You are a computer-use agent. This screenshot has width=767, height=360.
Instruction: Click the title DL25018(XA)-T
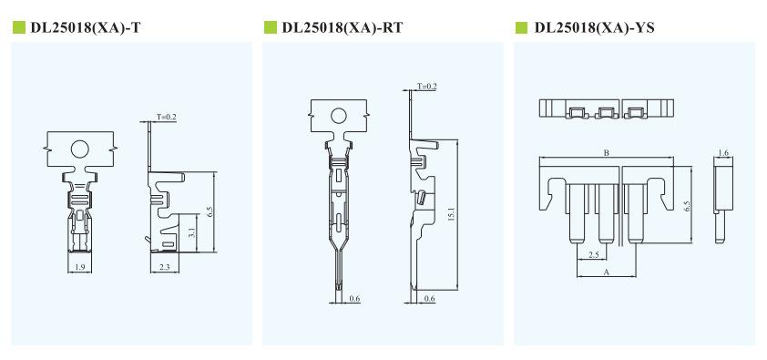pyautogui.click(x=85, y=27)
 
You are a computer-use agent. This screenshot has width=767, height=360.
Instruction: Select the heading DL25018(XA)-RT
pyautogui.click(x=342, y=27)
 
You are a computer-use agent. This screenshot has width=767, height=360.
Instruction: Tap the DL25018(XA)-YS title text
pyautogui.click(x=594, y=27)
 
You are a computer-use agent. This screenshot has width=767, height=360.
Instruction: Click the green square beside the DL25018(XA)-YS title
pyautogui.click(x=521, y=27)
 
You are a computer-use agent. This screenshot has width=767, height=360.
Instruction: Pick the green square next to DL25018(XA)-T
pyautogui.click(x=18, y=27)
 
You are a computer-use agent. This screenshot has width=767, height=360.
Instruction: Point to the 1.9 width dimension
pyautogui.click(x=80, y=267)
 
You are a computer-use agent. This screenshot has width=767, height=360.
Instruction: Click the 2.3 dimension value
pyautogui.click(x=164, y=267)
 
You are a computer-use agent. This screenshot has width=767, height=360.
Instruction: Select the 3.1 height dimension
pyautogui.click(x=193, y=233)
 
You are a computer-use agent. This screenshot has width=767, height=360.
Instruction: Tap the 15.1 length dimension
pyautogui.click(x=452, y=215)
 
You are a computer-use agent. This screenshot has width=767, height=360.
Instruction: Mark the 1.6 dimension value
pyautogui.click(x=723, y=153)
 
